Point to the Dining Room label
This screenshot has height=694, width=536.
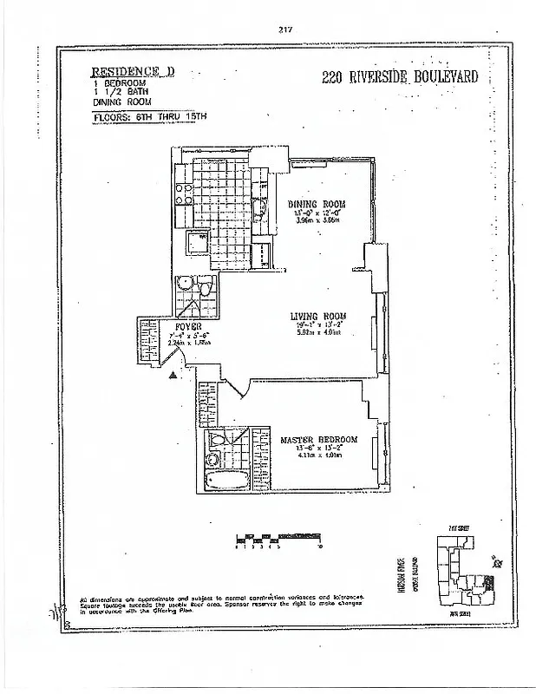[317, 205]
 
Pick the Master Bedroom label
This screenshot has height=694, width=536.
[318, 440]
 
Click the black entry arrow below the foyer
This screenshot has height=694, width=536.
[174, 374]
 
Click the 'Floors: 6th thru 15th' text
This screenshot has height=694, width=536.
[149, 115]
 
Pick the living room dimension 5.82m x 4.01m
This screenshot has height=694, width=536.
[319, 331]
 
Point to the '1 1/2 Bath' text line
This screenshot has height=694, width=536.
[116, 93]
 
